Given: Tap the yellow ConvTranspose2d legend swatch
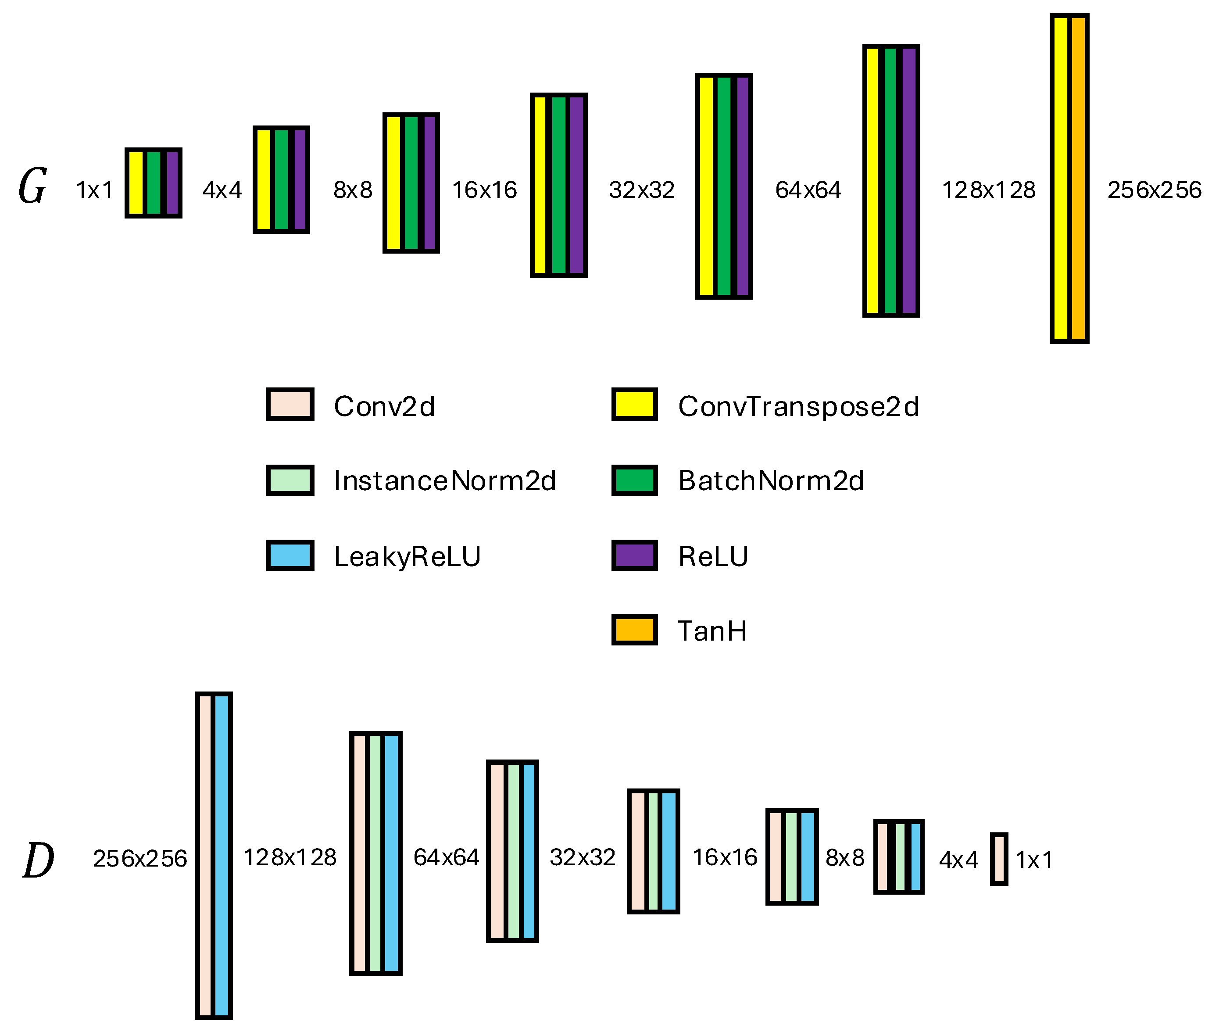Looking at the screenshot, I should coord(634,404).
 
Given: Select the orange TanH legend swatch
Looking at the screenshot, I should coord(634,630).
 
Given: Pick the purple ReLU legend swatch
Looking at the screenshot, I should coord(634,555).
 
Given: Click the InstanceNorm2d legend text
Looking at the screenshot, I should coord(444,481).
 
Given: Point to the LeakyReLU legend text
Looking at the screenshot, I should coord(407,556).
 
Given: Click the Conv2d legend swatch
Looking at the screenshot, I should coord(290,404).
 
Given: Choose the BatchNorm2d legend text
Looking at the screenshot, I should coord(771,481).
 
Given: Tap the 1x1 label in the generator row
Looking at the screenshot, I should coord(94,190).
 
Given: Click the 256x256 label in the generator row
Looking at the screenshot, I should coord(1154,190).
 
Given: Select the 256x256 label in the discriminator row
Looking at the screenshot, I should coord(140,859).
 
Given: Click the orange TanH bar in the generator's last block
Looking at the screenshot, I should coord(1079,179).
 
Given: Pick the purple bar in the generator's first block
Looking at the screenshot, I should coord(172,183).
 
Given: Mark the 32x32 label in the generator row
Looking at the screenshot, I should coord(642,190).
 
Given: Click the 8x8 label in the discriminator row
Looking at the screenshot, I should coord(845,858).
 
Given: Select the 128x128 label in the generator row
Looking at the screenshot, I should coord(989,190).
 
